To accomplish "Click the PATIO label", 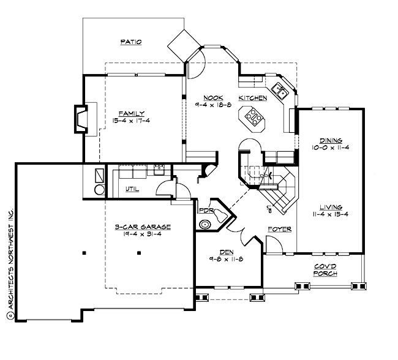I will [x=131, y=42].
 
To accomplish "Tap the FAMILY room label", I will [x=132, y=113].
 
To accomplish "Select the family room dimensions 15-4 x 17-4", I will [x=132, y=121].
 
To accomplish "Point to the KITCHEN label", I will [x=252, y=98].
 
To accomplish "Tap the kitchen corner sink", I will [x=281, y=91].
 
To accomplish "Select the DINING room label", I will [x=330, y=140].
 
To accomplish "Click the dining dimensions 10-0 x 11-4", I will [x=330, y=148].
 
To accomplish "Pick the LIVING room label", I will [x=330, y=207].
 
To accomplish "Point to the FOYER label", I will [x=279, y=230].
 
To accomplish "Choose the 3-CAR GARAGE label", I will [x=142, y=227].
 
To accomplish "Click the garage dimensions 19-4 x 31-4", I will [x=142, y=234].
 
